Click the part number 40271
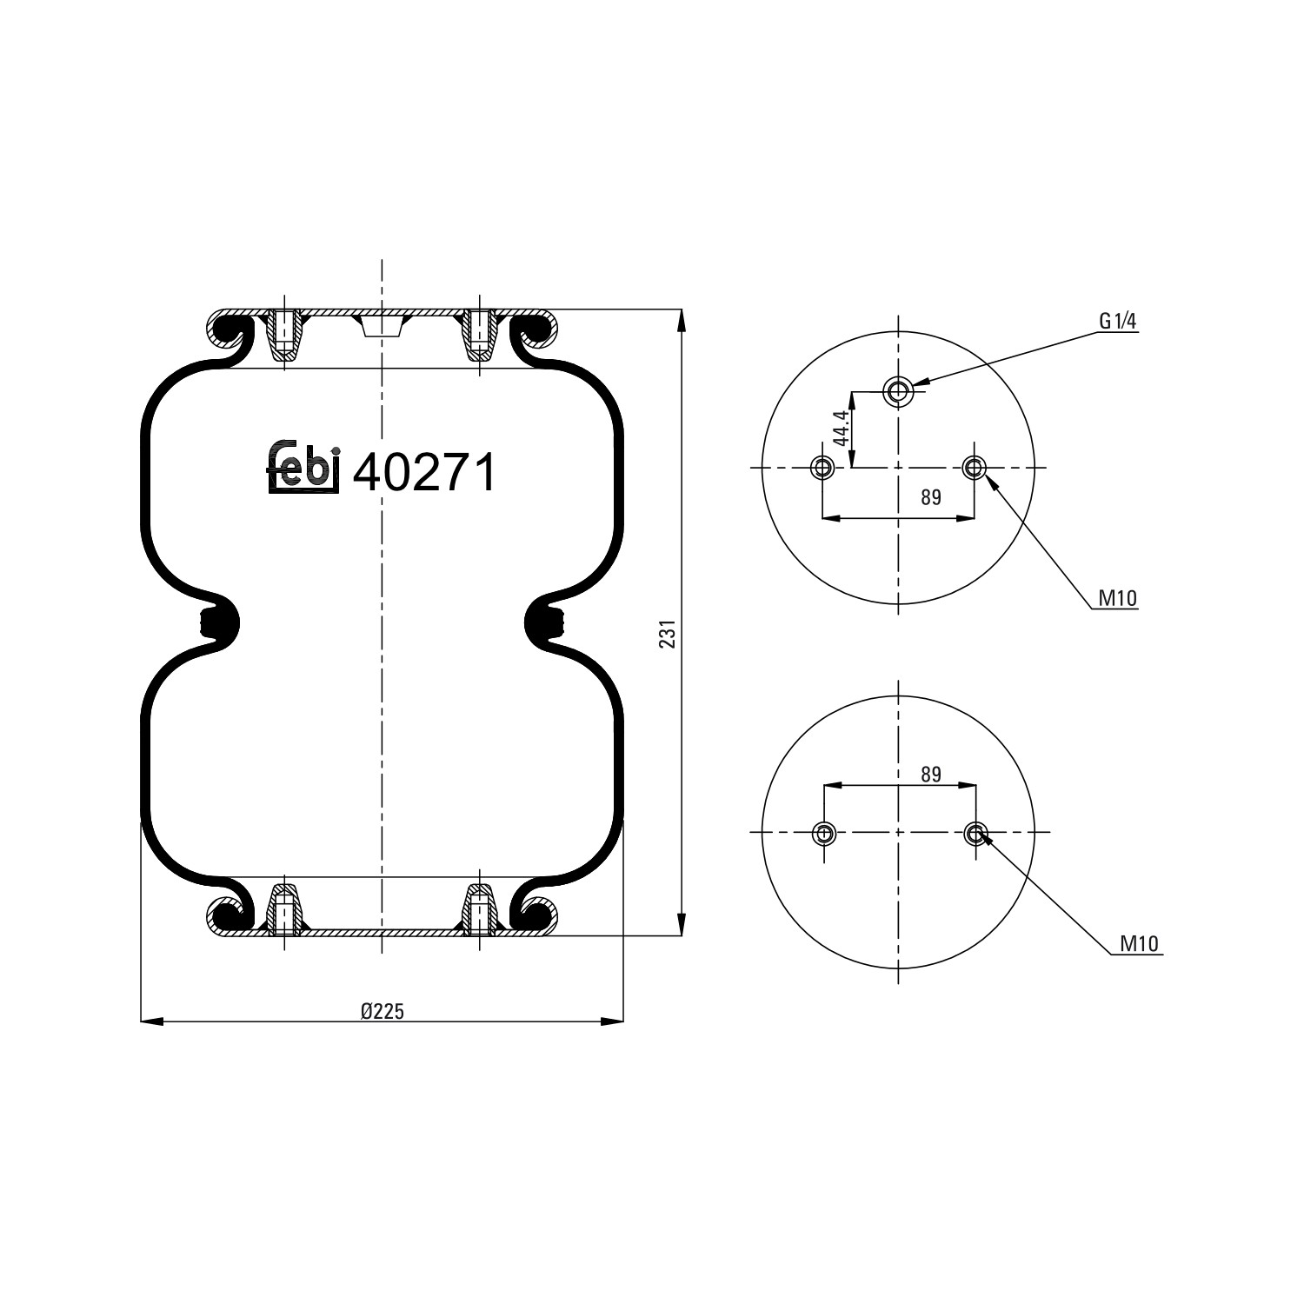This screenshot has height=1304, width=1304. (425, 473)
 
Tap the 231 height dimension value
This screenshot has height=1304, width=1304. (667, 635)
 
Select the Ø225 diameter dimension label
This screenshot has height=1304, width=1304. (383, 1010)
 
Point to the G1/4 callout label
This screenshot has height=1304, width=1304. (1118, 322)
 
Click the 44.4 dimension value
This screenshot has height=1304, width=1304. (841, 429)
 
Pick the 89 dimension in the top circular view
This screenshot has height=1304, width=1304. (930, 497)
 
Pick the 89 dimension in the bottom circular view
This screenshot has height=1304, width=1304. (930, 774)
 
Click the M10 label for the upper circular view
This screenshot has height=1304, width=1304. (1117, 598)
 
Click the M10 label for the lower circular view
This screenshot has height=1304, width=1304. (1140, 944)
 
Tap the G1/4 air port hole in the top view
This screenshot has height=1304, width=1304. (897, 391)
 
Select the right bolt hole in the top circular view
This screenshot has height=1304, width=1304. (974, 469)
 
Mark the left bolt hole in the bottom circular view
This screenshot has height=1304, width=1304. (823, 834)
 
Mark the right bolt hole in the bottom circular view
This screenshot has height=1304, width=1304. (975, 834)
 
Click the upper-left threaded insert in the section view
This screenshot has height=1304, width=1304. (284, 336)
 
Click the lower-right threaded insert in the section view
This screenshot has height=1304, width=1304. (480, 908)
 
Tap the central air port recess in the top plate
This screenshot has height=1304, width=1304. (381, 326)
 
